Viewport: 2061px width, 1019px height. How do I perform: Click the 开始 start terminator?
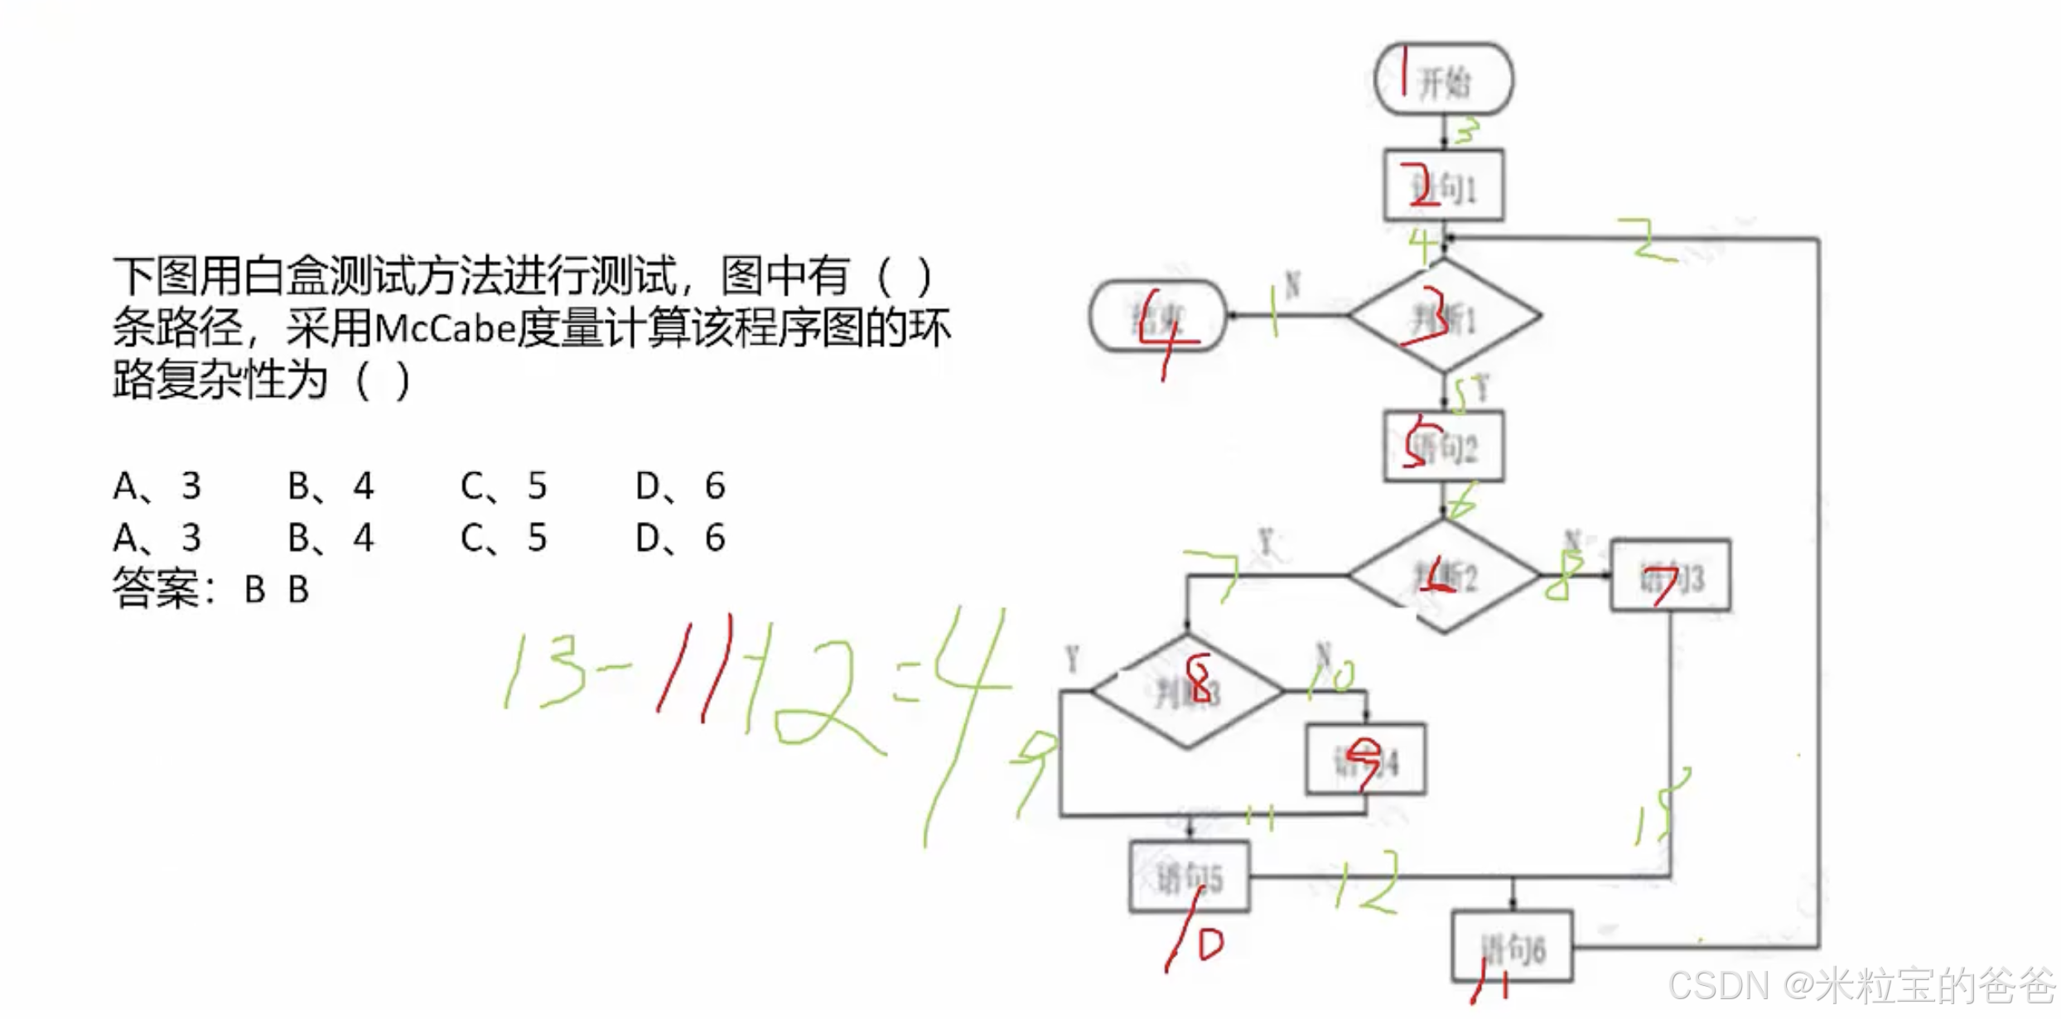click(x=1444, y=80)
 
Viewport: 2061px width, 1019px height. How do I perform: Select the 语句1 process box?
click(x=1444, y=186)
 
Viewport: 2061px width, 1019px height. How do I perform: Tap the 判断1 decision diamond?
click(x=1444, y=316)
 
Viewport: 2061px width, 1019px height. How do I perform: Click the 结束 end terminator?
click(x=1157, y=316)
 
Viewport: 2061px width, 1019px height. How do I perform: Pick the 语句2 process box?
click(x=1444, y=447)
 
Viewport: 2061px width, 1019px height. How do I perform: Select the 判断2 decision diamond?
click(x=1444, y=576)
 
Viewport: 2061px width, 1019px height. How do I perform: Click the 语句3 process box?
click(x=1670, y=577)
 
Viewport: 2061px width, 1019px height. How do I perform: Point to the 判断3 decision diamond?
click(x=1187, y=691)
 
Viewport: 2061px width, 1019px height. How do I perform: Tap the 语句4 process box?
click(x=1365, y=760)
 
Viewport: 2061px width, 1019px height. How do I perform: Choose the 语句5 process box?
click(x=1189, y=877)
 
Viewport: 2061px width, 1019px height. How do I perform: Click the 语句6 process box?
click(x=1512, y=946)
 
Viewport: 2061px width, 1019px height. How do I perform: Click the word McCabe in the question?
click(x=444, y=329)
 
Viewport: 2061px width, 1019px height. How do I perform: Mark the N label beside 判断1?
click(x=1291, y=285)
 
